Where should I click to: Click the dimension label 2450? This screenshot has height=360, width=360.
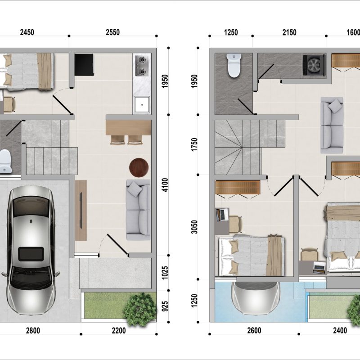[x=27, y=32]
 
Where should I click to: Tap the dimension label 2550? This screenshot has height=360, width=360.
[x=113, y=32]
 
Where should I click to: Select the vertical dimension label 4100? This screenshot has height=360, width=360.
[x=165, y=185]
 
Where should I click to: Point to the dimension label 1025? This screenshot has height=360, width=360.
[x=165, y=273]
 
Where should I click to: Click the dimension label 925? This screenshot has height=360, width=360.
[x=165, y=306]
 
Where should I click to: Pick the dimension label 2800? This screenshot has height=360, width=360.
[x=33, y=331]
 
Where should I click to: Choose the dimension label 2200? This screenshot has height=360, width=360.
[x=119, y=331]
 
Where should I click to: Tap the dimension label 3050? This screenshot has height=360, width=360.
[x=194, y=227]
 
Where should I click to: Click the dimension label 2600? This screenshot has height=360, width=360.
[x=254, y=331]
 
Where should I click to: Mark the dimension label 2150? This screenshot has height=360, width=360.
[x=289, y=32]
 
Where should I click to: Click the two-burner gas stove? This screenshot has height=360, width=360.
[x=141, y=65]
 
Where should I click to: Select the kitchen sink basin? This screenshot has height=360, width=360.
[x=142, y=105]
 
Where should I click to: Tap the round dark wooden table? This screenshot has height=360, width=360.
[x=139, y=167]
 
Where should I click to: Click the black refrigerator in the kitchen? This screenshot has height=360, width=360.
[x=84, y=65]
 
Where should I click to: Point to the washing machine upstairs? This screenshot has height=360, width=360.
[x=314, y=65]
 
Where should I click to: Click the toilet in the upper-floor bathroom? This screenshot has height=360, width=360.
[x=234, y=65]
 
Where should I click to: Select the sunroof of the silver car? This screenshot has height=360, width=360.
[x=31, y=254]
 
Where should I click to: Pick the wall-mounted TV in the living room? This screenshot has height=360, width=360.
[x=81, y=210]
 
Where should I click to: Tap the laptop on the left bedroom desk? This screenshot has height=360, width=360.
[x=222, y=214]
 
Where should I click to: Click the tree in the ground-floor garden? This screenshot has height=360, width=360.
[x=139, y=309]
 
